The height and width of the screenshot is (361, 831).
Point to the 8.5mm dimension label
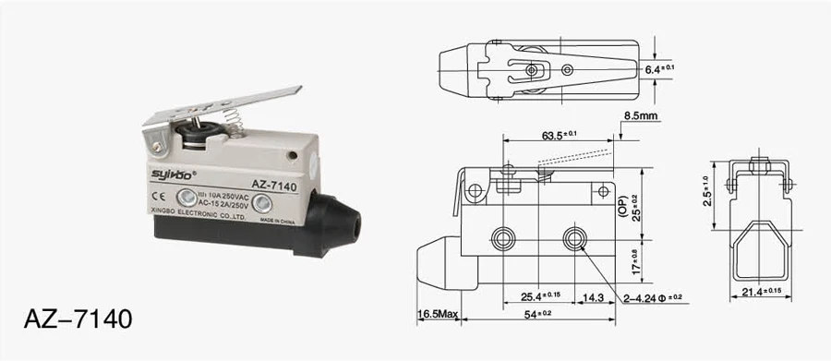tap(641, 116)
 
